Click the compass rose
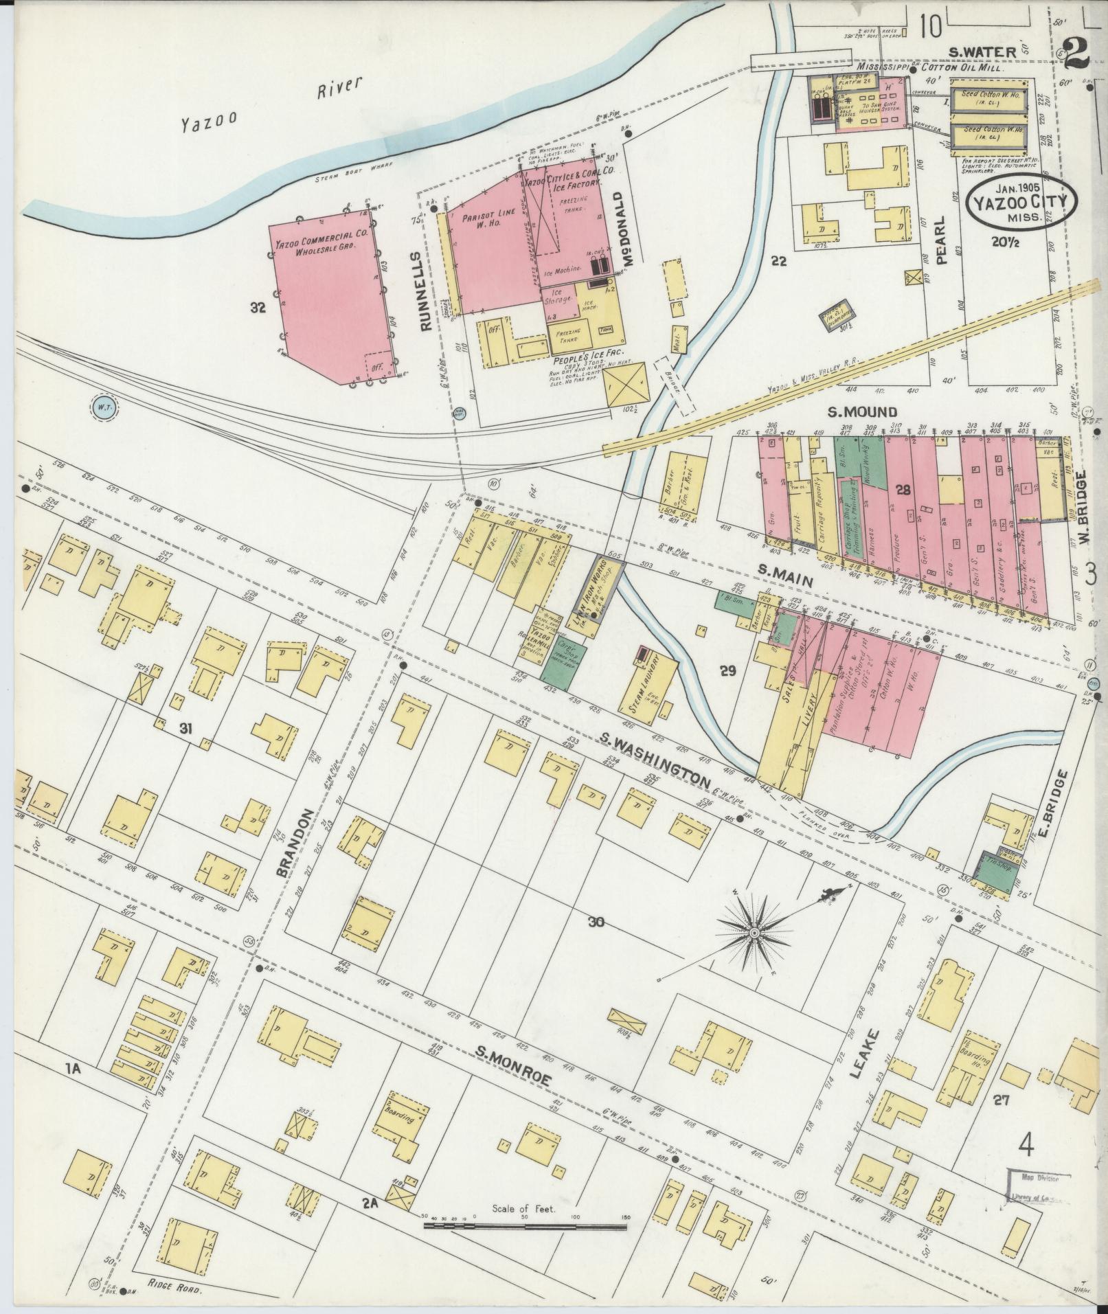754,932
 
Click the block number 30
595,922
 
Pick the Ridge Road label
175,1289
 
